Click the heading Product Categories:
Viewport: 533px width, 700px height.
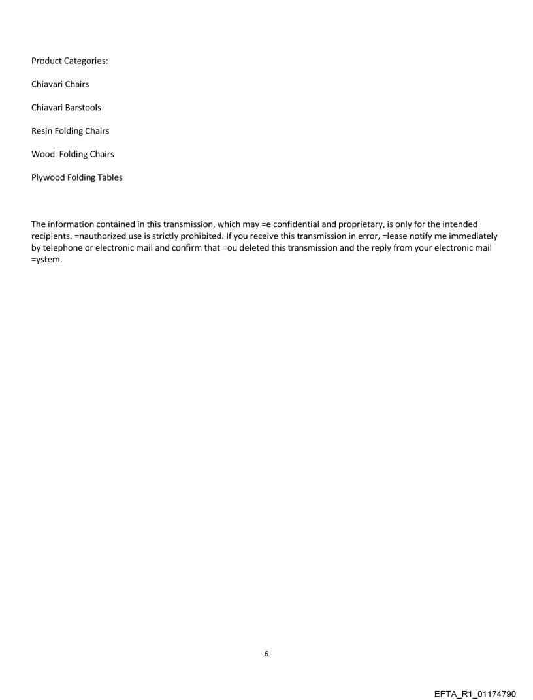pyautogui.click(x=70, y=61)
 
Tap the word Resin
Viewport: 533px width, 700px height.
pyautogui.click(x=42, y=131)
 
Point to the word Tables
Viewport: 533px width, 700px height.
pyautogui.click(x=110, y=177)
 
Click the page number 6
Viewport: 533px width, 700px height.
pyautogui.click(x=266, y=653)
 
